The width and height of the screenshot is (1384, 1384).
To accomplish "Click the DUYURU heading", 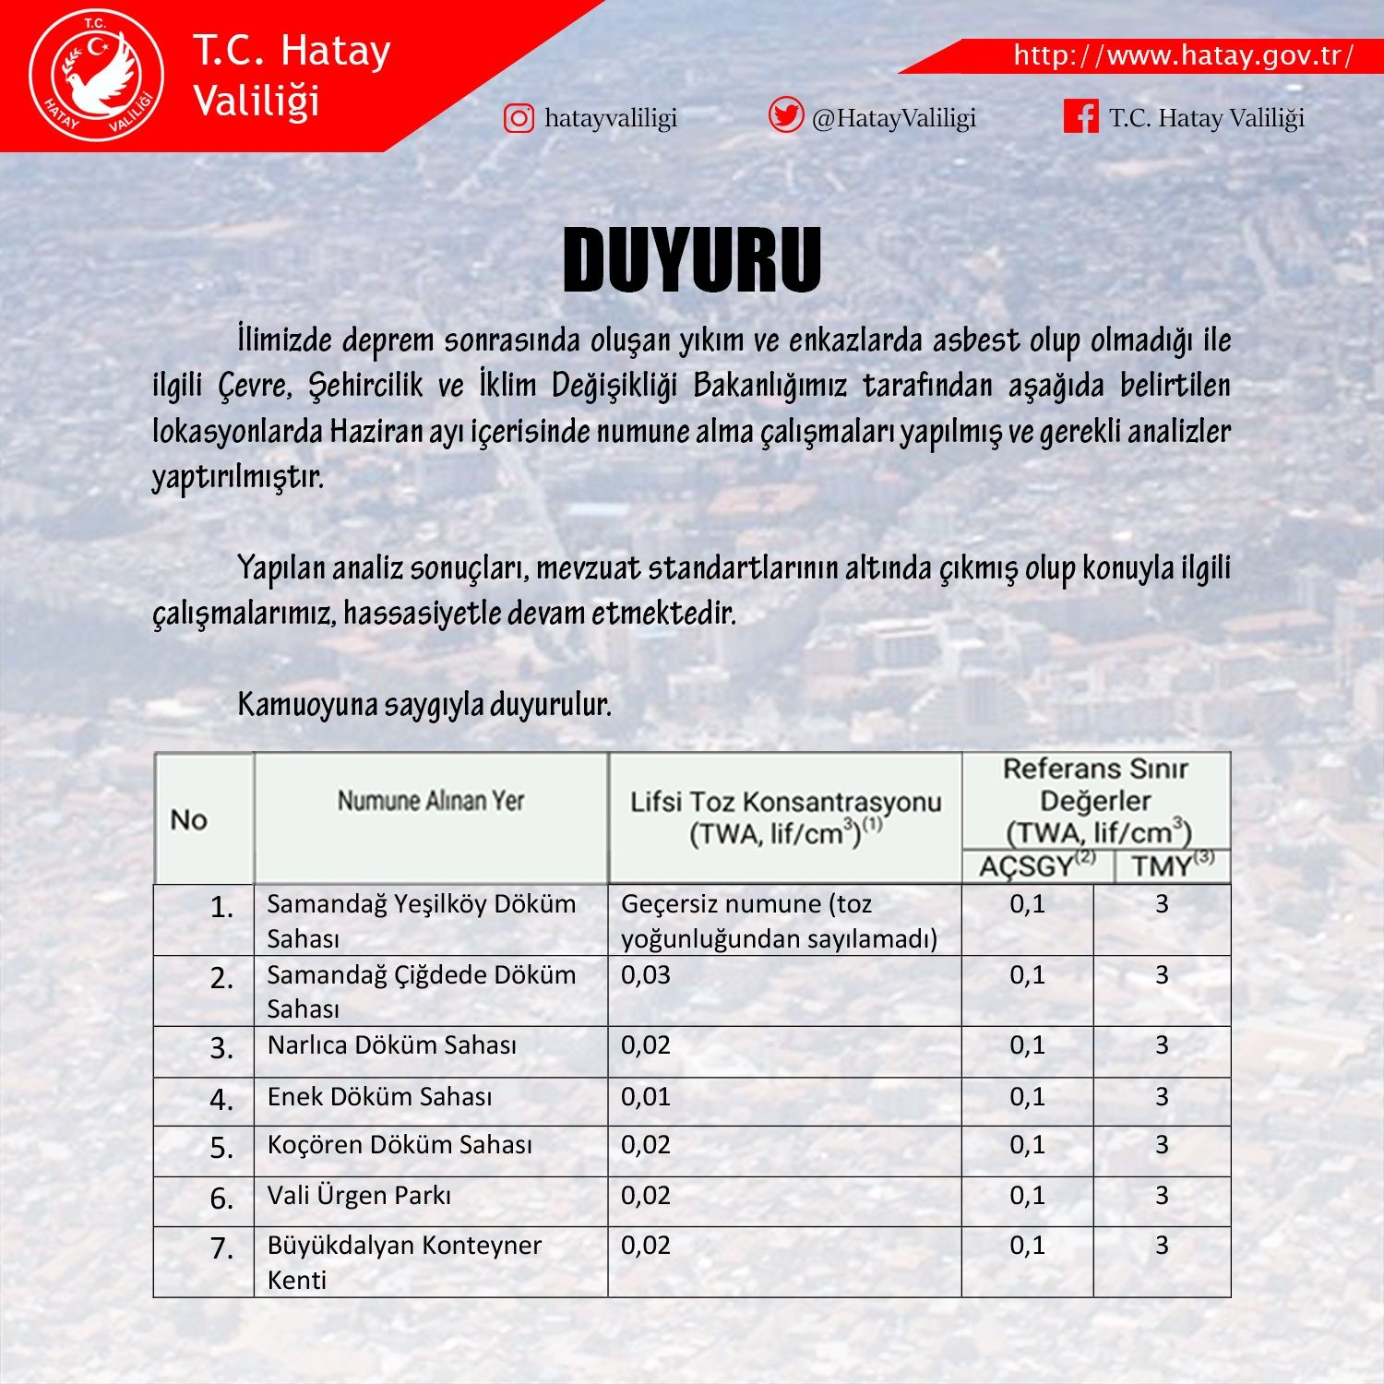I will (x=692, y=260).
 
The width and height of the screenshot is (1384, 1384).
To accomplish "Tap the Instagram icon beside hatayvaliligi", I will (x=519, y=118).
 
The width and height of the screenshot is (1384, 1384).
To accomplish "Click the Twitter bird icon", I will (x=785, y=116).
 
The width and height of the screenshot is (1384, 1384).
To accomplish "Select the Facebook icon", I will (x=1080, y=117).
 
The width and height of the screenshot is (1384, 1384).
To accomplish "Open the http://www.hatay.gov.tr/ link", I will (x=1183, y=55).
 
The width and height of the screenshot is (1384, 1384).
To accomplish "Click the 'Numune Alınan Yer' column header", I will (x=430, y=801).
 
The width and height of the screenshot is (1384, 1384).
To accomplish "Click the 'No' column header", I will (x=189, y=819).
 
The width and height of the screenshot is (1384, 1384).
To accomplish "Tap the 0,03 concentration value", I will (x=646, y=975).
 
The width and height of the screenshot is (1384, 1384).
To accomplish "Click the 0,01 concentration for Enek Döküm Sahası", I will (x=646, y=1097).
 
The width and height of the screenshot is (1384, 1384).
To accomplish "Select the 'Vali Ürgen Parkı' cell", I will (x=359, y=1196).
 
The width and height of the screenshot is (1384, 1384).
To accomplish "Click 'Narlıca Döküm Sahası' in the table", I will (x=391, y=1045).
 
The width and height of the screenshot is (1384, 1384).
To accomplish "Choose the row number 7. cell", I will (x=221, y=1248).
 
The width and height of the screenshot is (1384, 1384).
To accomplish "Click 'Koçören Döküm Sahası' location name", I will (x=400, y=1145).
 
